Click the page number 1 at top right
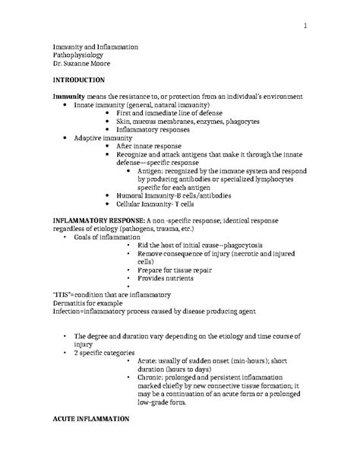pos(305,28)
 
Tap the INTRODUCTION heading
pos(84,80)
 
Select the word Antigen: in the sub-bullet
pos(153,173)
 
